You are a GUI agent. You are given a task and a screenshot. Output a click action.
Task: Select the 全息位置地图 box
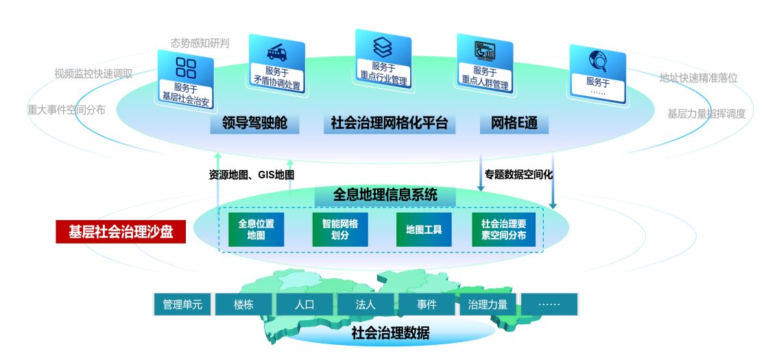click(x=256, y=230)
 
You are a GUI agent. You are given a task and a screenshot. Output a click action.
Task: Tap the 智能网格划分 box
click(x=340, y=230)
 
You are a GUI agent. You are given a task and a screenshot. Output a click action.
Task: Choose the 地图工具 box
click(x=424, y=230)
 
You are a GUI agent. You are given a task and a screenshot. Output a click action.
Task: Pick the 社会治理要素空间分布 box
click(x=508, y=230)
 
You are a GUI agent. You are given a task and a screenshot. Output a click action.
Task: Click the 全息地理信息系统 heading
click(x=385, y=195)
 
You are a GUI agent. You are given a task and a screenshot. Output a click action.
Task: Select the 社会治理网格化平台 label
click(x=389, y=123)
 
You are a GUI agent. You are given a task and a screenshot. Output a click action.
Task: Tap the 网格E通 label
click(x=514, y=123)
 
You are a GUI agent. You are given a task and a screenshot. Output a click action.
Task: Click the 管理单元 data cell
click(x=182, y=304)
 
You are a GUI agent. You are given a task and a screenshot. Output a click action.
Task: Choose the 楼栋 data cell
click(x=243, y=304)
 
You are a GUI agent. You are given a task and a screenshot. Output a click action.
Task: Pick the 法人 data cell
click(x=366, y=304)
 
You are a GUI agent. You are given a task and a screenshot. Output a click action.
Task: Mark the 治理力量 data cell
click(x=488, y=304)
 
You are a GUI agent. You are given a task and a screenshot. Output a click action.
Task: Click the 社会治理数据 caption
click(x=390, y=334)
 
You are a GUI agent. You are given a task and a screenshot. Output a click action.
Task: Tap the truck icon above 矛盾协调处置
click(x=276, y=52)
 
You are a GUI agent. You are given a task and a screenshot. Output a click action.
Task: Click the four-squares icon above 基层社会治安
click(x=186, y=67)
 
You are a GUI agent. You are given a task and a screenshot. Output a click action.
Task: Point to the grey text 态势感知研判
click(x=200, y=43)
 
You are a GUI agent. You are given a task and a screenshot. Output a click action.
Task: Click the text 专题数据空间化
click(x=518, y=175)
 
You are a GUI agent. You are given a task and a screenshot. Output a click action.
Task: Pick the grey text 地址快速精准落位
click(x=698, y=78)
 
